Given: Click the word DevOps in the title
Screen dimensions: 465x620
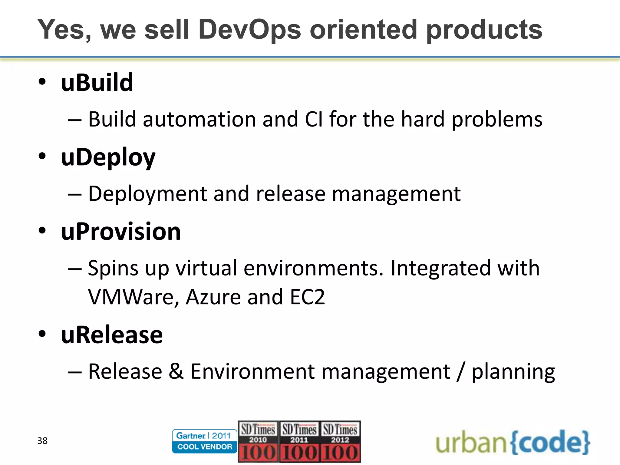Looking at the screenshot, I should point(250,30).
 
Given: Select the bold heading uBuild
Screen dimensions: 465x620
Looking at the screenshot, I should point(97,83).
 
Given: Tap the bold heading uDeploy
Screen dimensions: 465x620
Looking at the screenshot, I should point(108,157).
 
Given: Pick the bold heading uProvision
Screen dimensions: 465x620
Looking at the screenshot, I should point(121,232).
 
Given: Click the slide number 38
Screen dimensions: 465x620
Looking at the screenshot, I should point(42,441).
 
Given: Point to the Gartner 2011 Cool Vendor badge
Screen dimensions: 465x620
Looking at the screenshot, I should point(204,441).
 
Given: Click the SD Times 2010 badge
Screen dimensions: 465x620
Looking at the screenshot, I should point(258,441).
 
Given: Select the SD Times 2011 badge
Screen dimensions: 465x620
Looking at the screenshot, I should point(299,441).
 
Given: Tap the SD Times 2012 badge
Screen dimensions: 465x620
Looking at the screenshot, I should point(340,441).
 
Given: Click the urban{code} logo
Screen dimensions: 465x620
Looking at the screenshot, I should point(513,442).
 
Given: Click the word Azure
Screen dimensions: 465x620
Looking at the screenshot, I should point(213,297).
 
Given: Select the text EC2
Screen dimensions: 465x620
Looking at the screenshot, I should point(307,297).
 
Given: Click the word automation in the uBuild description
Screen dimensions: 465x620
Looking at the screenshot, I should point(200,119).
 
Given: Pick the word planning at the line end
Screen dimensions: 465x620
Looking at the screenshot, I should point(513,372).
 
